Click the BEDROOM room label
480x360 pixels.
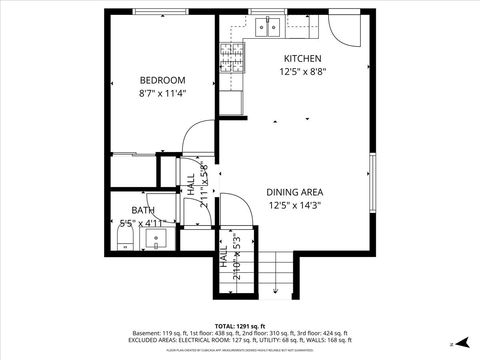pos(161,80)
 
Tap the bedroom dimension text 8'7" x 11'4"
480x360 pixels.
pos(161,93)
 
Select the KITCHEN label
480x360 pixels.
pos(302,58)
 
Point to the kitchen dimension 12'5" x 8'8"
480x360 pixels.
pos(302,71)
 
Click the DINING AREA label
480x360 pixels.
pos(294,192)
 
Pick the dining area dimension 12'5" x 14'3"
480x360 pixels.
pos(294,205)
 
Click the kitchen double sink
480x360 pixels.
pos(267,28)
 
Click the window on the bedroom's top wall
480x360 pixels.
pos(161,12)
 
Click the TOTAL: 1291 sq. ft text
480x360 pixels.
pos(240,326)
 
